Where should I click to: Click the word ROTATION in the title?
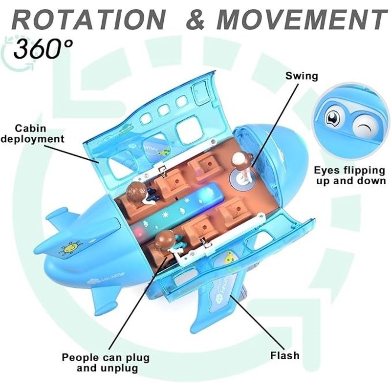pyautogui.click(x=88, y=20)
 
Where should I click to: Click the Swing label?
pyautogui.click(x=302, y=76)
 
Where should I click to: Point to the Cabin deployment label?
pyautogui.click(x=32, y=133)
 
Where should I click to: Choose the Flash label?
pyautogui.click(x=285, y=355)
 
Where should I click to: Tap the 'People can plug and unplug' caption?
pyautogui.click(x=106, y=363)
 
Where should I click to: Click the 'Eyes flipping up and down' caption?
pyautogui.click(x=349, y=175)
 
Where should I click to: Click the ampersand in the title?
pyautogui.click(x=195, y=20)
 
